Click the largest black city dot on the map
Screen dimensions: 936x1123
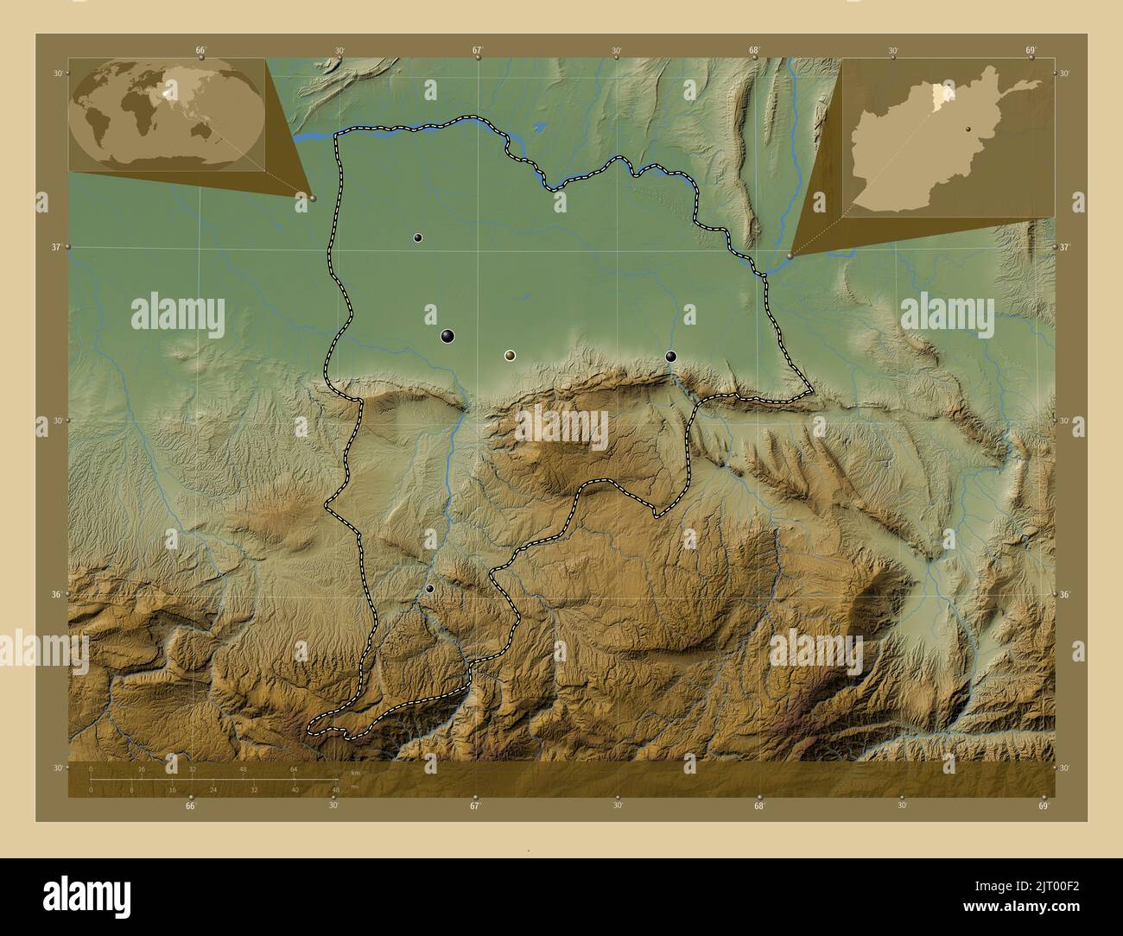(x=447, y=336)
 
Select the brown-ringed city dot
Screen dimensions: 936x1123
(x=510, y=355)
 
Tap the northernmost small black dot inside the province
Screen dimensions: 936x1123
(x=418, y=237)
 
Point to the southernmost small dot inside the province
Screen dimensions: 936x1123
(x=430, y=589)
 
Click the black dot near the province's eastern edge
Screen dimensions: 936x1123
(x=671, y=357)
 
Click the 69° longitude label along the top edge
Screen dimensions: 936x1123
(x=1031, y=50)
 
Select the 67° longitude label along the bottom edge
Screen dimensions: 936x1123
(x=474, y=806)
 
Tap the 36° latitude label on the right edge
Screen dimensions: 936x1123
(x=1064, y=595)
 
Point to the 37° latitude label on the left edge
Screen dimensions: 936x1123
(x=56, y=248)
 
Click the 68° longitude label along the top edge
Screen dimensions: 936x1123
(x=754, y=50)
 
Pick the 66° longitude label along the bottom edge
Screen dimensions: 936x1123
(x=190, y=806)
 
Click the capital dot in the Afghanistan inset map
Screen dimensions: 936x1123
(x=969, y=129)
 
